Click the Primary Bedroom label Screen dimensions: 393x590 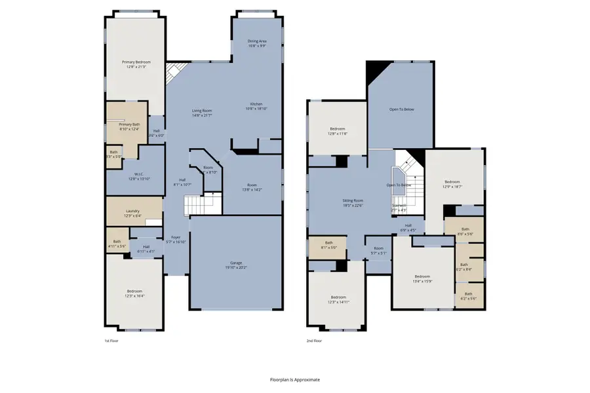point(136,62)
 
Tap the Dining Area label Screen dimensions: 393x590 point(257,41)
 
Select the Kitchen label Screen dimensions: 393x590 point(256,105)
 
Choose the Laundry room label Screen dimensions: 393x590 point(132,211)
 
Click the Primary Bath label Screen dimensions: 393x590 point(130,124)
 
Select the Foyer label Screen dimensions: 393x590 point(176,237)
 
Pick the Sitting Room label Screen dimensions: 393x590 point(353,200)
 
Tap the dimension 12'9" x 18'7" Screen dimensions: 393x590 point(453,187)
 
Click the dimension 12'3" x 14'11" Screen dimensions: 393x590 point(338,302)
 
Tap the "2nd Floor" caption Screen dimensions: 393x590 point(315,341)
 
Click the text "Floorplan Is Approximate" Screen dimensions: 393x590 point(295,379)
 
